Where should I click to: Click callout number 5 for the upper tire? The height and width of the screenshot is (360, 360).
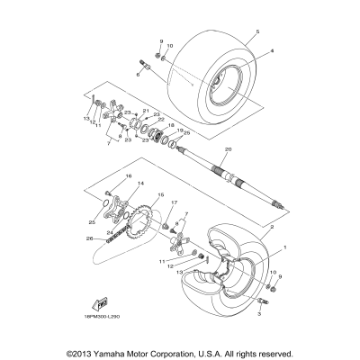[256, 32]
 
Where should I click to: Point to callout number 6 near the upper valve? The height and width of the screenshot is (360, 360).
[139, 76]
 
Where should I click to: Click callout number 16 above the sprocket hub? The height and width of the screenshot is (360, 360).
[129, 176]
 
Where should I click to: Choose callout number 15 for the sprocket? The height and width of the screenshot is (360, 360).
[161, 195]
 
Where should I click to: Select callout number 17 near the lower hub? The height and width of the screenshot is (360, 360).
[175, 202]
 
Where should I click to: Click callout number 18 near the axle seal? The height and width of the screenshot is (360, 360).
[171, 125]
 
